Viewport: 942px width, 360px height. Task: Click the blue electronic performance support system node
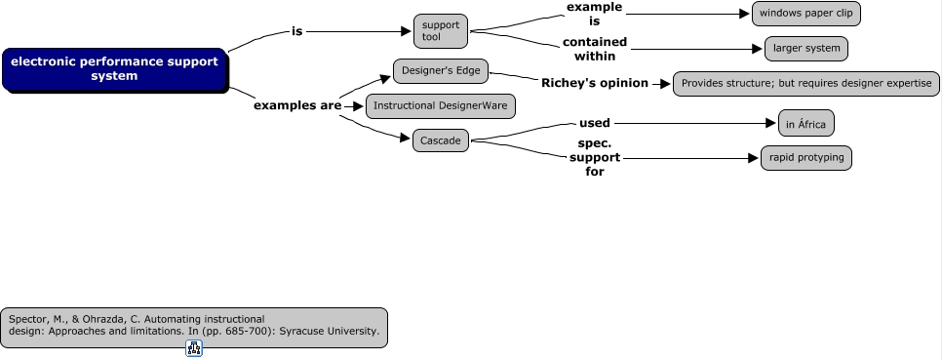(x=114, y=69)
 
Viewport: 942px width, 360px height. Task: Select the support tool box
(x=440, y=31)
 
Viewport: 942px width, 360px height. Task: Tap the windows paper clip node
(x=805, y=14)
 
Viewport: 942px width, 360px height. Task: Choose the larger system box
(x=805, y=48)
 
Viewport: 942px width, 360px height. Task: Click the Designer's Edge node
(x=440, y=71)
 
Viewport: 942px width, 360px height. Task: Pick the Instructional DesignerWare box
(x=439, y=105)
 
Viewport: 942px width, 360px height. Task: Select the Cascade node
(x=440, y=140)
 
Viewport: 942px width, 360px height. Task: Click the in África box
(x=805, y=124)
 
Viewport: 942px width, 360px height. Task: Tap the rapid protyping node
(x=805, y=158)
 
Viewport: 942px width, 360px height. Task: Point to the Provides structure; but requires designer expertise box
(x=805, y=84)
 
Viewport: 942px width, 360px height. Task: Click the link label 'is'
(x=297, y=31)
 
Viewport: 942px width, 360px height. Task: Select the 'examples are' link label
(x=297, y=105)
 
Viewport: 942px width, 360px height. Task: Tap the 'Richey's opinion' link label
(x=595, y=83)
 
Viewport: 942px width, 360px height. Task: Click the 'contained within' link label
(x=595, y=49)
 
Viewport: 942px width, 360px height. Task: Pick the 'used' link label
(x=595, y=123)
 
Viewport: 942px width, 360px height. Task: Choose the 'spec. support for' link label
(x=595, y=157)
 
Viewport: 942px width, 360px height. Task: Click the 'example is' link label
(x=595, y=14)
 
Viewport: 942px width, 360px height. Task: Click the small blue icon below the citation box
(x=193, y=348)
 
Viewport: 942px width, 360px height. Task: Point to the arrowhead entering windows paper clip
(x=745, y=14)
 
